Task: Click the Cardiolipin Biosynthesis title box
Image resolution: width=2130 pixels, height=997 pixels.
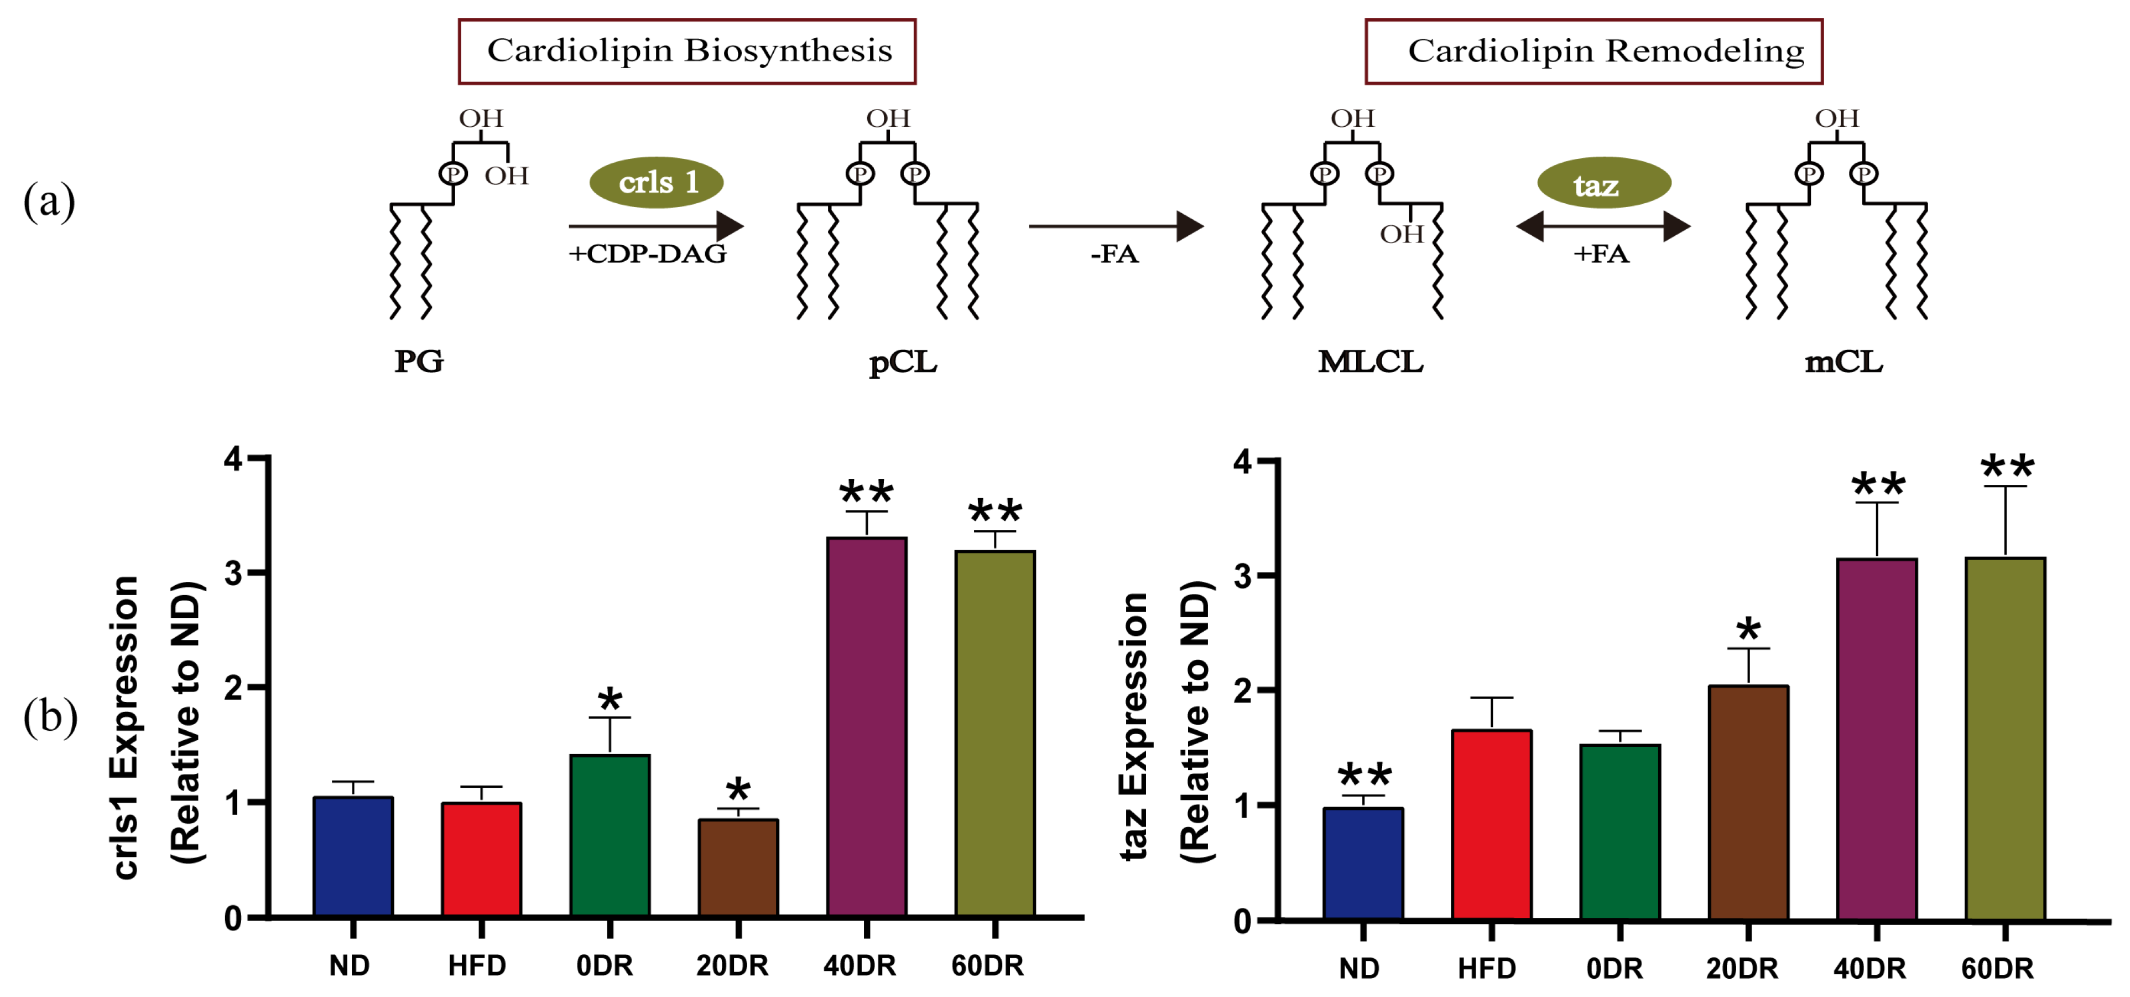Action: [x=687, y=51]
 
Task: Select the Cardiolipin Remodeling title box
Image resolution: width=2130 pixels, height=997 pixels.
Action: [x=1593, y=51]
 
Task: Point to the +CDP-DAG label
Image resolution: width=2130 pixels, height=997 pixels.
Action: [x=648, y=253]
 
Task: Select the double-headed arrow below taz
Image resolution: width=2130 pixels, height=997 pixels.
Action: [x=1602, y=226]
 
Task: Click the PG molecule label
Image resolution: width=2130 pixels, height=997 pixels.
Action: [x=418, y=361]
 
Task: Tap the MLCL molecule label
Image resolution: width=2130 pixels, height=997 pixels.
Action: [x=1370, y=361]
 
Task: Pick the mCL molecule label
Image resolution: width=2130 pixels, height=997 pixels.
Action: [x=1843, y=361]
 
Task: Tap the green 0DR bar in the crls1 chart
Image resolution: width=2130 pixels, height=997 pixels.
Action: [x=610, y=836]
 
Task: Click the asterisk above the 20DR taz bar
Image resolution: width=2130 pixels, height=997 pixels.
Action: [x=1748, y=631]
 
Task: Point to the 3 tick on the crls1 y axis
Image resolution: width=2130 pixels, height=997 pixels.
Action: [x=234, y=572]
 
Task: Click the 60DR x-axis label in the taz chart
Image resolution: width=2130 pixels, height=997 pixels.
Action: [x=1997, y=968]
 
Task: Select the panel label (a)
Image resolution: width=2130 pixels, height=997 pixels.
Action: [x=50, y=201]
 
